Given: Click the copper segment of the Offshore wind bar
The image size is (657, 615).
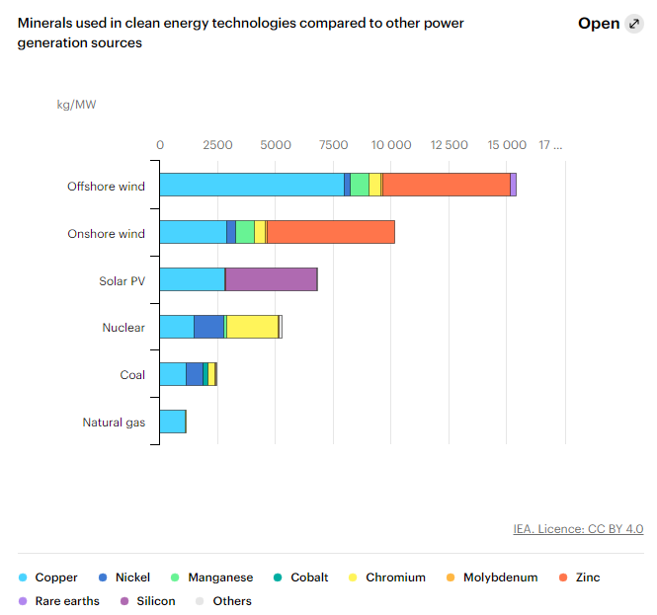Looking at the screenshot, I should click(x=252, y=185).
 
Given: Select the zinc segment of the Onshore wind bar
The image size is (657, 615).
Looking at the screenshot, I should click(x=330, y=232).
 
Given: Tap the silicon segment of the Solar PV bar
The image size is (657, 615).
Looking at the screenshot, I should click(x=272, y=279).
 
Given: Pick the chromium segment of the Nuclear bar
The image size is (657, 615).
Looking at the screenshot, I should click(x=253, y=327).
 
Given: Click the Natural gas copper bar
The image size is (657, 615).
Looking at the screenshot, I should click(x=173, y=422).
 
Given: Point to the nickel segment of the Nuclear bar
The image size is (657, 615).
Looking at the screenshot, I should click(x=208, y=327).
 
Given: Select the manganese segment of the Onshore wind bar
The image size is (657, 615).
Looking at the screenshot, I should click(x=245, y=232).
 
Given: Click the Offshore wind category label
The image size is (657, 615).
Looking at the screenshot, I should click(x=106, y=187).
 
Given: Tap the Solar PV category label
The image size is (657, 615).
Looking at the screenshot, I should click(x=122, y=281).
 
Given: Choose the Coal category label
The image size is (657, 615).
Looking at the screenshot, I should click(x=132, y=375).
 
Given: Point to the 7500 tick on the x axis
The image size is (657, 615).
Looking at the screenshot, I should click(x=333, y=145).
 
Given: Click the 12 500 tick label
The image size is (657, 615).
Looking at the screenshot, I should click(x=450, y=145).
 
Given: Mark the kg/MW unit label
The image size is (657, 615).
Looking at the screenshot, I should click(x=76, y=104).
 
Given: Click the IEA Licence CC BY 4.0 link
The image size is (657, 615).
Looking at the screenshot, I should click(x=578, y=529).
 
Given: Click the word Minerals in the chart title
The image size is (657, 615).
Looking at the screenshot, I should click(x=46, y=23).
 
